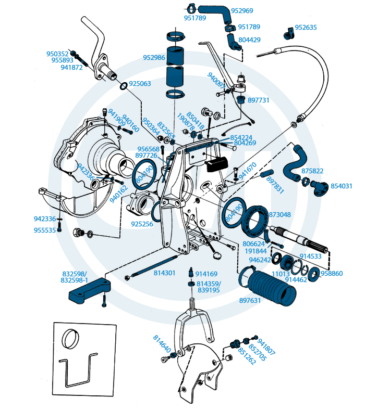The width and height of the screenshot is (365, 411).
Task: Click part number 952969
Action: [x=242, y=11]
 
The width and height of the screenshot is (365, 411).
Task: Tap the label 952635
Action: [x=306, y=28]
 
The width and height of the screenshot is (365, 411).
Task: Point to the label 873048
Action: [x=280, y=214]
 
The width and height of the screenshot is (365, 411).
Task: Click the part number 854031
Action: [x=342, y=186]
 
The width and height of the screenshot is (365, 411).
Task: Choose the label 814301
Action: [x=164, y=272]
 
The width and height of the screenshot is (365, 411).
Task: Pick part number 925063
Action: [x=140, y=83]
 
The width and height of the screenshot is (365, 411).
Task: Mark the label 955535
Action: [x=44, y=229]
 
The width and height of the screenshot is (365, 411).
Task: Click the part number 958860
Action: [x=332, y=273]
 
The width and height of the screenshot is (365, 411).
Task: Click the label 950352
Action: [x=57, y=54]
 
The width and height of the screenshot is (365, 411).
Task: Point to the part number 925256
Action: [x=142, y=224]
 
